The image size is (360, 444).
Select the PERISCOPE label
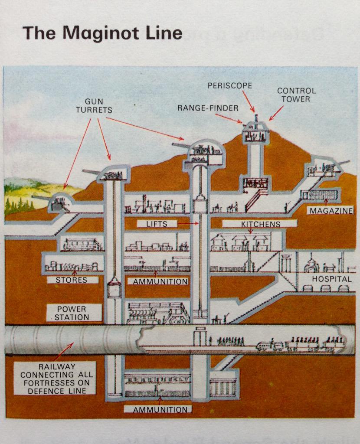[x=229, y=86]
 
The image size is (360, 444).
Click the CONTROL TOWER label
[x=296, y=95]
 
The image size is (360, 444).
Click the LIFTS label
[x=157, y=224]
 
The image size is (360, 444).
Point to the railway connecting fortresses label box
[x=55, y=378]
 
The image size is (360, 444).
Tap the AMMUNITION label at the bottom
[x=157, y=409]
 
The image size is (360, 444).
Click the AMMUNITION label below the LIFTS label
[x=160, y=281]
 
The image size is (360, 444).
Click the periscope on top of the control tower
[x=256, y=118]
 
